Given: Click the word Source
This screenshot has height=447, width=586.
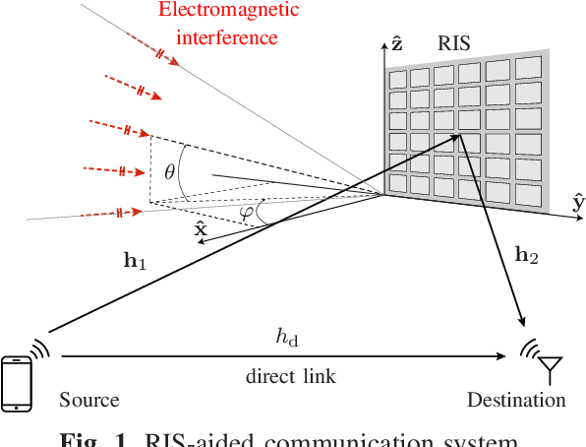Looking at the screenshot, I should click(88, 401).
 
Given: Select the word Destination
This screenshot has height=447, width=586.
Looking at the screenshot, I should click(516, 401).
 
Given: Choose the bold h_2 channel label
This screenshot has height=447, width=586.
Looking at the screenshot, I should click(527, 254).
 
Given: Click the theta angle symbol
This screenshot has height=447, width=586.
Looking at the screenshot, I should click(169, 171).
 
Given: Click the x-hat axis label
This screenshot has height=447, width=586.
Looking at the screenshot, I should click(201, 231).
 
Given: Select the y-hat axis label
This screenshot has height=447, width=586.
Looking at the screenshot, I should click(577, 204).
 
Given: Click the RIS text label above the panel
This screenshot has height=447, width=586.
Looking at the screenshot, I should click(455, 44).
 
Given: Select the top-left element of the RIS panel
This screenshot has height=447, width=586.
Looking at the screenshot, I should click(398, 79).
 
